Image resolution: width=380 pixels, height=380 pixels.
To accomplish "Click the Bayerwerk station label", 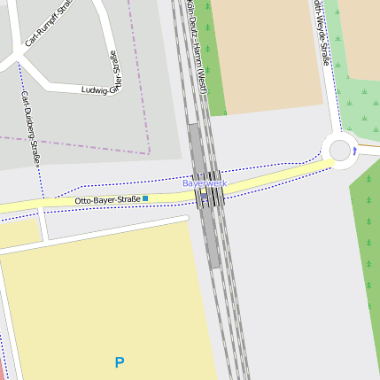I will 205,182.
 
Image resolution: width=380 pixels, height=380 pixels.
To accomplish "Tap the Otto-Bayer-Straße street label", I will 107,200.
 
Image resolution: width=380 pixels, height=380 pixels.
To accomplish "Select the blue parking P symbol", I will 120,361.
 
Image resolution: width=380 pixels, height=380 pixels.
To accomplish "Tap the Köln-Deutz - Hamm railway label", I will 198,49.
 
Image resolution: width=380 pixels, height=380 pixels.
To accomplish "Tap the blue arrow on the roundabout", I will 354,151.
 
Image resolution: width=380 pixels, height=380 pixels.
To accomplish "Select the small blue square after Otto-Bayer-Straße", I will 145,198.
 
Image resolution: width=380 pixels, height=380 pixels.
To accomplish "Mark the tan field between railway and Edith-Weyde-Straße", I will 266,53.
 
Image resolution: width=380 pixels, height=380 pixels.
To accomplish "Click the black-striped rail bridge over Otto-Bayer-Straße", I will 209,193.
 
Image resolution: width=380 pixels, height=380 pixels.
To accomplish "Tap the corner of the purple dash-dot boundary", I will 149,153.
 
